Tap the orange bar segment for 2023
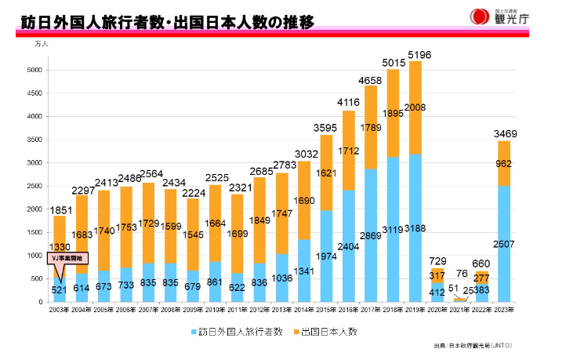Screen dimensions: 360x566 [505, 163]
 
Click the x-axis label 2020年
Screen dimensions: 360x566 [437, 311]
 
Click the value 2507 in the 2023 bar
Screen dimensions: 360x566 [505, 245]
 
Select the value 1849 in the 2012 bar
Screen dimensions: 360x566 [259, 222]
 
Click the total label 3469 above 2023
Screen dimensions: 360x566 [505, 134]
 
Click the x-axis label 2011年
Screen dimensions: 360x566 [237, 311]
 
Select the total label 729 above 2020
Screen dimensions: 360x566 [437, 260]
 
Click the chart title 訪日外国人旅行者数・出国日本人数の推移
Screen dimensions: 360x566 [169, 22]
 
